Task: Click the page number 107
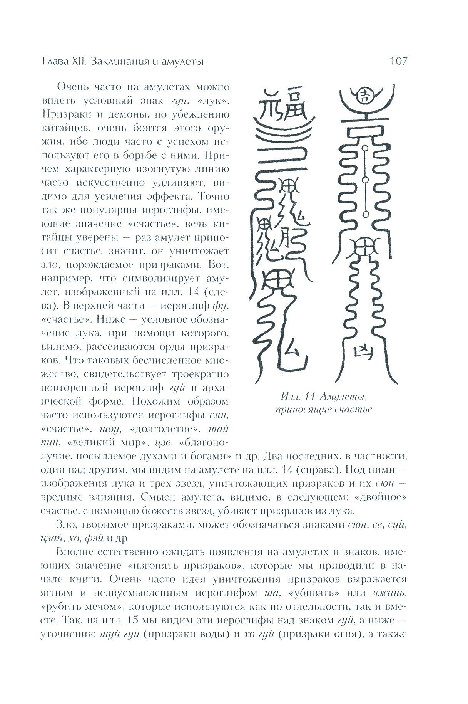coord(398,61)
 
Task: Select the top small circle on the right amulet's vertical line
coord(365,148)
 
